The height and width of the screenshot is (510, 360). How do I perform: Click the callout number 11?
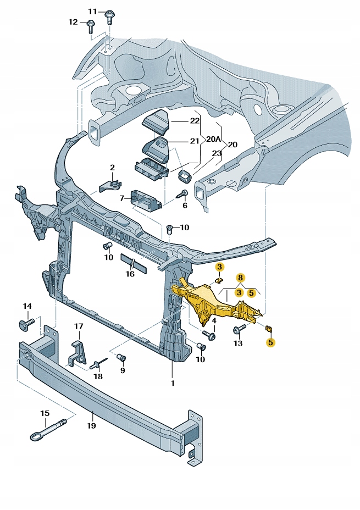92,11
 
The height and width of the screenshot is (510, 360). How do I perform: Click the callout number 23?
217,153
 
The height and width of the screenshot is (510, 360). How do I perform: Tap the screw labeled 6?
184,193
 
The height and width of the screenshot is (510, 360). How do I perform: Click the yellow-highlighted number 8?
240,278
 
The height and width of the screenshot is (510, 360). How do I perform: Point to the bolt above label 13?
239,330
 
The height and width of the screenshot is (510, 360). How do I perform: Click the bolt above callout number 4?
209,334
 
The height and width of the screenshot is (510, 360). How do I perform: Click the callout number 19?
91,425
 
